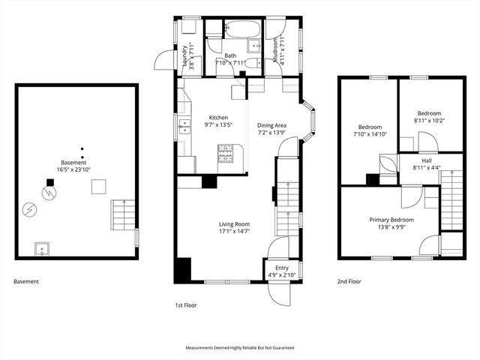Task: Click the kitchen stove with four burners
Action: coord(225,154)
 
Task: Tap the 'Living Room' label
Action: coord(234,224)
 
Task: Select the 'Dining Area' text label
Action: coord(271,125)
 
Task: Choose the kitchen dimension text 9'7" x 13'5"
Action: coord(217,125)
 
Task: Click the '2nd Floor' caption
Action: coord(350,282)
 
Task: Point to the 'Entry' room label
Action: coord(281,268)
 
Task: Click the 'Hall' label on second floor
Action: coord(426,160)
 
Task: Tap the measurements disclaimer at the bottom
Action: coord(240,348)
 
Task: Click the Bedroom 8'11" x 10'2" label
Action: coord(429,116)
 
